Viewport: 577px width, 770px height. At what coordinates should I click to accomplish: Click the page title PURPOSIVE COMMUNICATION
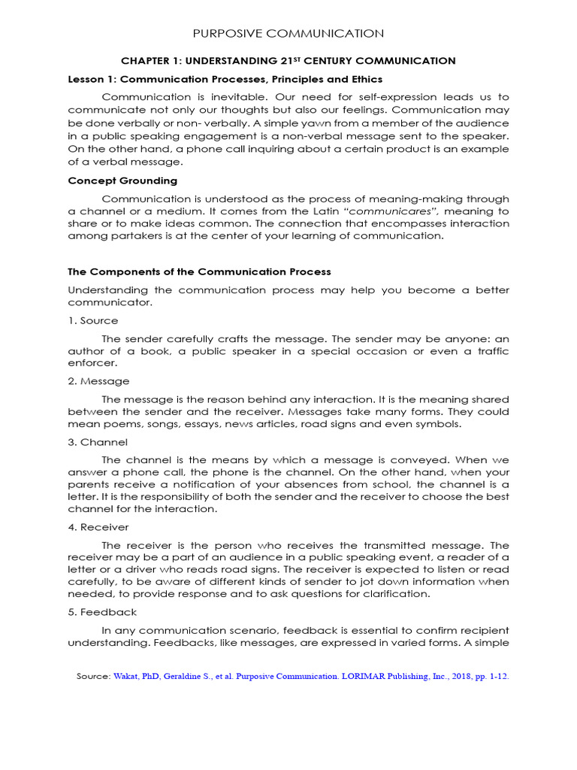tap(288, 34)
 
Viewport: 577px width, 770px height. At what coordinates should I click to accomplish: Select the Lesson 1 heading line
tap(225, 79)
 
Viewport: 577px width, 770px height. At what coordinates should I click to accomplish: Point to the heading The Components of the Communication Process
tap(199, 271)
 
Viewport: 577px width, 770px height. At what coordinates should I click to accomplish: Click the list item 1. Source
tap(92, 321)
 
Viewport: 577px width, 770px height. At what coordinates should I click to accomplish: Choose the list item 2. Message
tap(98, 381)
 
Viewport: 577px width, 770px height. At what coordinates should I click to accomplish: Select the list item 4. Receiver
tap(98, 527)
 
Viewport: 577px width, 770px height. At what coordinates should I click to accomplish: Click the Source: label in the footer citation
tap(94, 677)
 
